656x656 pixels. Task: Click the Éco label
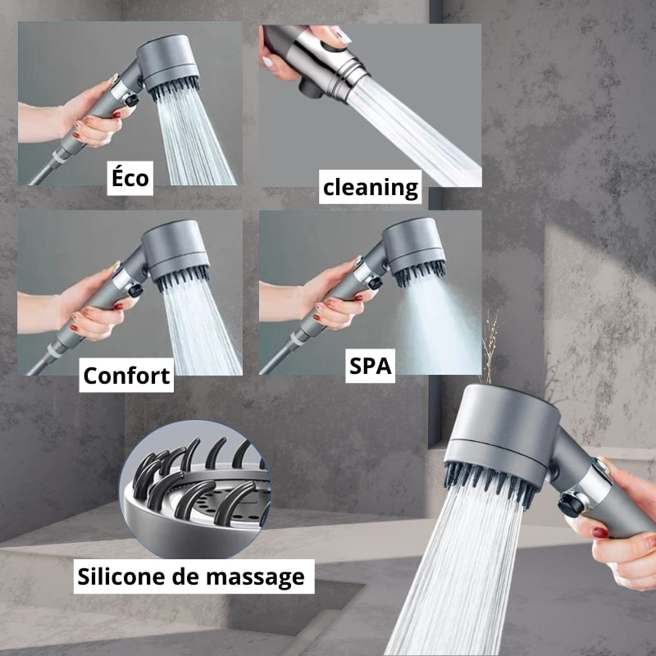tap(130, 178)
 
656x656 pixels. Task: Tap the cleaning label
tap(370, 187)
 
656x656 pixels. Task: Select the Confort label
tap(126, 375)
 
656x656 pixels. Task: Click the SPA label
tap(371, 367)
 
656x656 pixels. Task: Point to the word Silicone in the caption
tap(130, 576)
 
